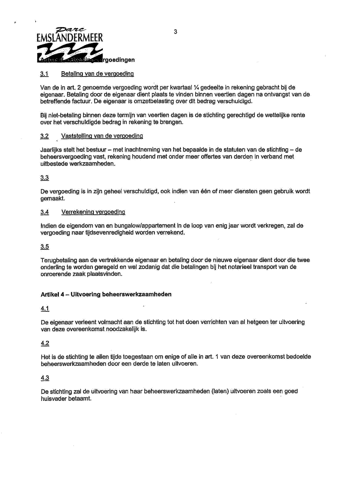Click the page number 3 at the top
tap(176, 31)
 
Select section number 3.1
tap(44, 74)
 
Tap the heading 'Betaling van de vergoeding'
tap(97, 74)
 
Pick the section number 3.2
tap(44, 137)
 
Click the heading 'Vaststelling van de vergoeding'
tap(102, 137)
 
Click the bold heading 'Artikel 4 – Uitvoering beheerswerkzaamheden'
tap(106, 294)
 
